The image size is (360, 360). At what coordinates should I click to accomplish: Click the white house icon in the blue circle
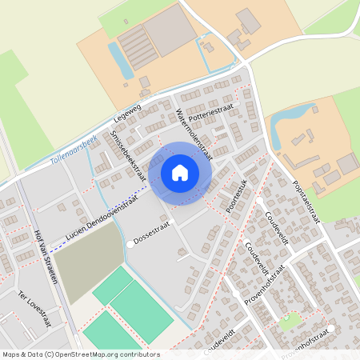[180, 172]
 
